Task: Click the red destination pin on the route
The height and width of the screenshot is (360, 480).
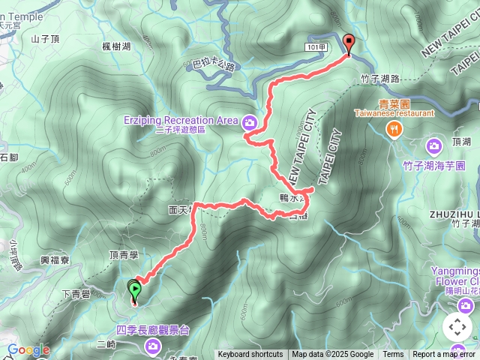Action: click(x=348, y=43)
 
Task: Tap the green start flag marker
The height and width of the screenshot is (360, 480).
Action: click(x=134, y=289)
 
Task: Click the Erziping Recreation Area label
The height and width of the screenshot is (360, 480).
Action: click(x=181, y=119)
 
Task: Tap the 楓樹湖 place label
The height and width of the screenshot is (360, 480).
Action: click(x=116, y=46)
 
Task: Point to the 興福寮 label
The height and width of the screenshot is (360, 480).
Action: click(x=55, y=259)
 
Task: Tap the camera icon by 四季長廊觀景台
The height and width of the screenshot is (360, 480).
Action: click(x=153, y=346)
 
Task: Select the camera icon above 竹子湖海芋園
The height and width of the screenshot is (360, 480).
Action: click(x=433, y=145)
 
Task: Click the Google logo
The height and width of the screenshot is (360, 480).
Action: click(x=28, y=350)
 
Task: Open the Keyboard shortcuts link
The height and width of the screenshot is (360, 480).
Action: click(x=250, y=355)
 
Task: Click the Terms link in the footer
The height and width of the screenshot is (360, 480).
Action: click(x=393, y=355)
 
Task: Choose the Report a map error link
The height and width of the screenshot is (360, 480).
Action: click(x=444, y=355)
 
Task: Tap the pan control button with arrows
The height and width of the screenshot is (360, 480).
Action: click(x=457, y=327)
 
